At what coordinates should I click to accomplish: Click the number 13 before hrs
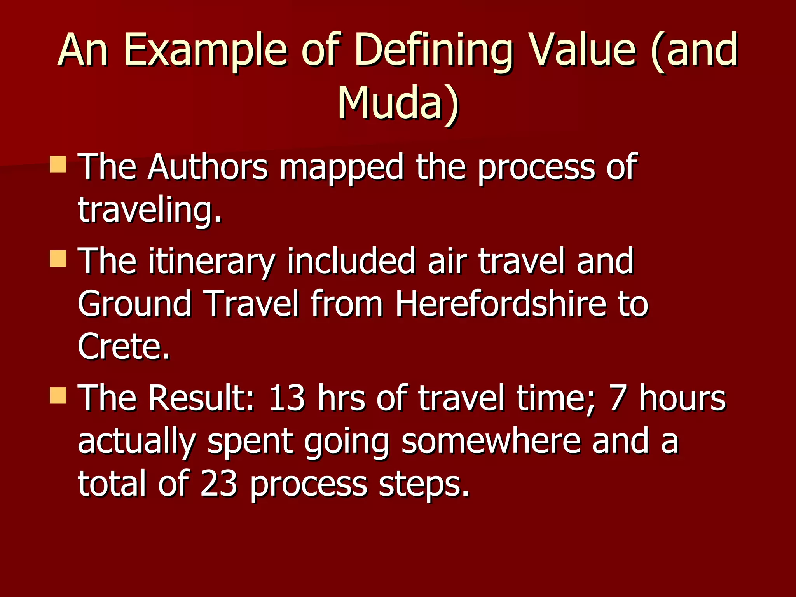coord(287,398)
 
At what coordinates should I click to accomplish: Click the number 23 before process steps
coord(218,484)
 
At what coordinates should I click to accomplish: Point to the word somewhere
coord(491,441)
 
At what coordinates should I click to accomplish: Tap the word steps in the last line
coord(423,485)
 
